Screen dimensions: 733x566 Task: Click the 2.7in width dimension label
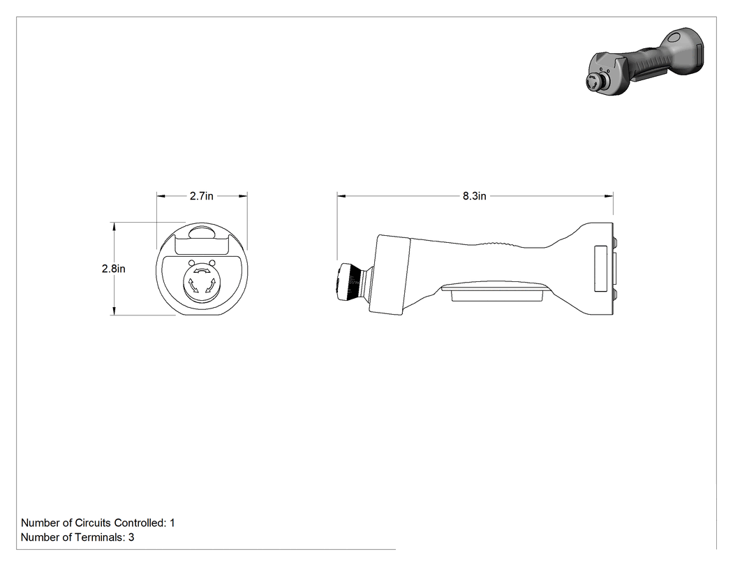(x=202, y=196)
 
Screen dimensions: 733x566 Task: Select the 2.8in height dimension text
(x=114, y=269)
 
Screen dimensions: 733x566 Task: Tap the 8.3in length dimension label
(x=475, y=196)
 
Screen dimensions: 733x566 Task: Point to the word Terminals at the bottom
(x=103, y=537)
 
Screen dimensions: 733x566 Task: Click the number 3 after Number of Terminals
(x=131, y=537)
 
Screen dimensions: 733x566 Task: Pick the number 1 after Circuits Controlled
(x=172, y=523)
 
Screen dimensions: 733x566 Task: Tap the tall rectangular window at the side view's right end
(x=600, y=269)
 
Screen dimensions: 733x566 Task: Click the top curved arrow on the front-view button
(x=202, y=270)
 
